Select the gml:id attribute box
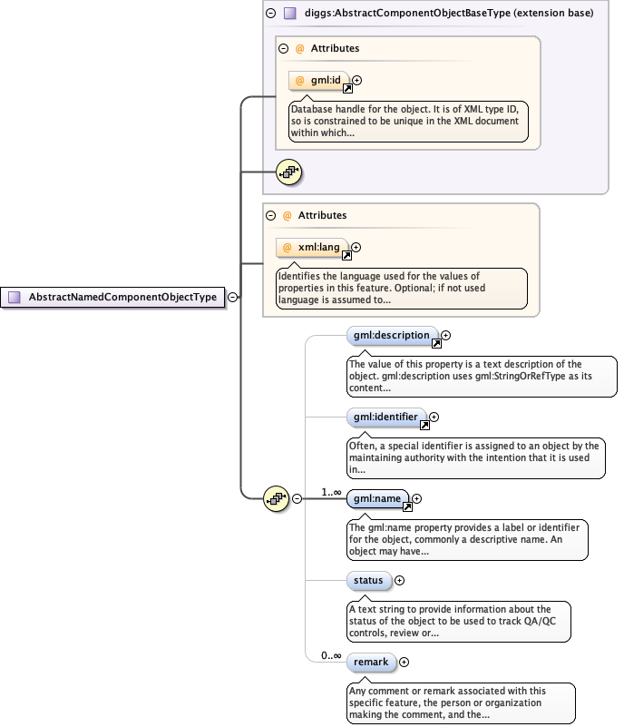(x=319, y=81)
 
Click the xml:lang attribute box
(x=313, y=247)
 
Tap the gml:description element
(x=392, y=336)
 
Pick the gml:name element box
(x=378, y=498)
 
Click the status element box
(x=368, y=580)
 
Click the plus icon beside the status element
(x=399, y=580)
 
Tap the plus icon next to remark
(x=404, y=663)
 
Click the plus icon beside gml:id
(x=356, y=81)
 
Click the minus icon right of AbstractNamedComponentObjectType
(x=233, y=297)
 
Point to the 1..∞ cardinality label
(x=331, y=492)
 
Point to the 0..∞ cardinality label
(x=331, y=655)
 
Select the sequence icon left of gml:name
(x=276, y=498)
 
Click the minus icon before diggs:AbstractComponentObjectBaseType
(x=270, y=14)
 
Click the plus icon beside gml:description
(x=445, y=336)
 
